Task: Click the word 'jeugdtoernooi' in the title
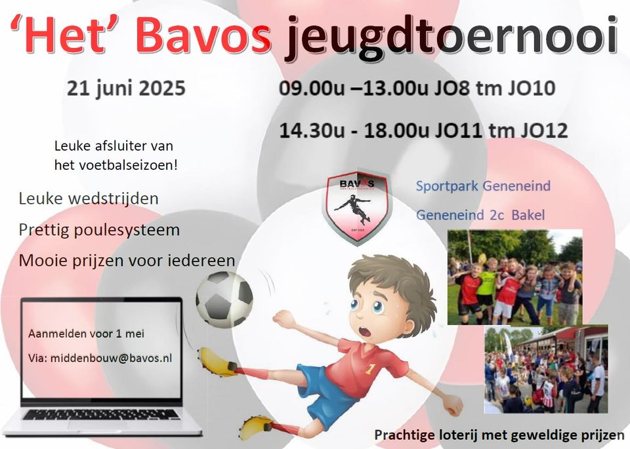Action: click(x=451, y=38)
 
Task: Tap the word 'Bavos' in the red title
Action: click(x=204, y=35)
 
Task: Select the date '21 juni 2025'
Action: click(x=126, y=88)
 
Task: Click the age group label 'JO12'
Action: click(x=545, y=131)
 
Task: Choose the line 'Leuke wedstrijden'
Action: click(x=89, y=199)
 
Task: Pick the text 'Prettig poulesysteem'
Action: click(x=99, y=230)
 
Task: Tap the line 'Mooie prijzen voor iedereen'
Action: click(x=127, y=261)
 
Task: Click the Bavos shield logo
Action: click(x=357, y=206)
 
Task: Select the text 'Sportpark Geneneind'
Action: click(x=484, y=186)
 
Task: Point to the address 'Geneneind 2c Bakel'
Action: click(x=480, y=215)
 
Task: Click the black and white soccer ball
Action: click(x=224, y=299)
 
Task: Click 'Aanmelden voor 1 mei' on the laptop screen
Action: click(x=87, y=334)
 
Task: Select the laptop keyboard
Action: click(x=101, y=414)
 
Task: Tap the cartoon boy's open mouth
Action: click(x=366, y=332)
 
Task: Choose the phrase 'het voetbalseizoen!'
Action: click(x=116, y=165)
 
